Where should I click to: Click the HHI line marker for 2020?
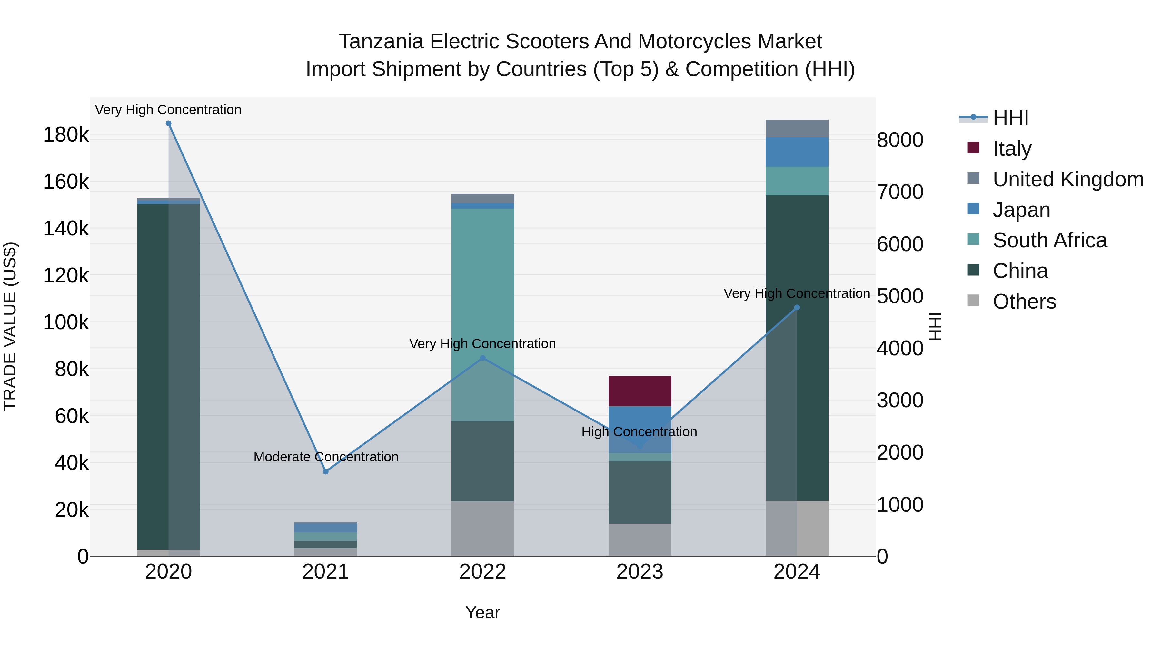click(169, 124)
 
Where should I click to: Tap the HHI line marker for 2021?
click(326, 471)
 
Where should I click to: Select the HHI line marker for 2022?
click(483, 358)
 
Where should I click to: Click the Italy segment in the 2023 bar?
click(640, 391)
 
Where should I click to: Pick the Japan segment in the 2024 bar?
click(797, 152)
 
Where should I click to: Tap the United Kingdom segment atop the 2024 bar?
click(797, 128)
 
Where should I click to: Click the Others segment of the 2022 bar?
click(483, 528)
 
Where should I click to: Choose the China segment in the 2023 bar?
click(640, 492)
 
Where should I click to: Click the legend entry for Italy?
click(1012, 149)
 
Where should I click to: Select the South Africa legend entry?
click(1049, 240)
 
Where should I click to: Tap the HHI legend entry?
click(1010, 118)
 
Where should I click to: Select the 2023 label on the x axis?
click(640, 572)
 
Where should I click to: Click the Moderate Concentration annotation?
click(326, 457)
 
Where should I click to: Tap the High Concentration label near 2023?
click(639, 432)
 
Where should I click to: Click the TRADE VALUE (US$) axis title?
click(10, 326)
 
